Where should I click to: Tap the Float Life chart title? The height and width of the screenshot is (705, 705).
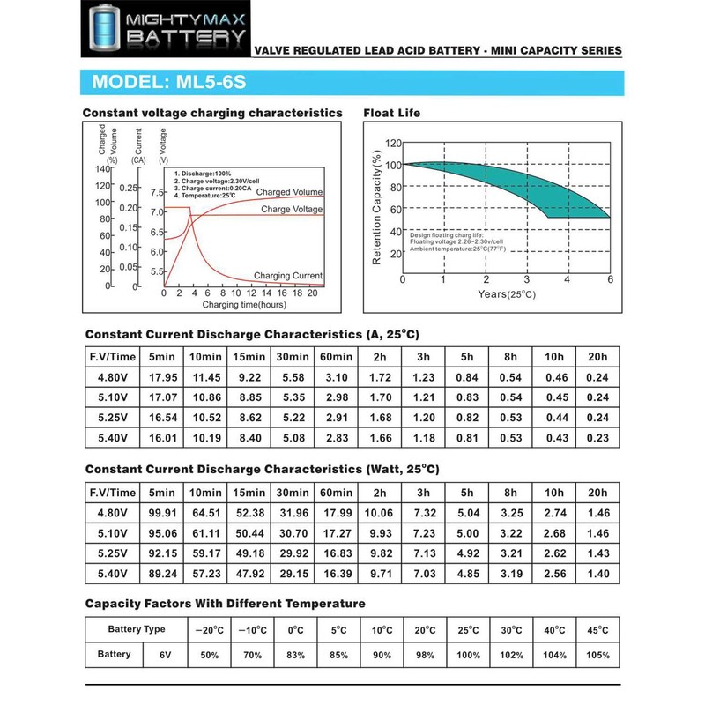coord(391,113)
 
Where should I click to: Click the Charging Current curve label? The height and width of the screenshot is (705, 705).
coord(288,276)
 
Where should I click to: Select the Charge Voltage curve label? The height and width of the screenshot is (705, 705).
coord(292,209)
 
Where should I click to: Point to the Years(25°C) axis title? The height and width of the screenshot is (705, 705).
coord(507,293)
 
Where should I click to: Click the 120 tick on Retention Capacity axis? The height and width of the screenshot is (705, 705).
coord(393,143)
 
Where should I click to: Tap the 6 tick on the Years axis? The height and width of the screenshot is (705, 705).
coord(608,279)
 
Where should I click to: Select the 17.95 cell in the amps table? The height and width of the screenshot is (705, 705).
coord(164,377)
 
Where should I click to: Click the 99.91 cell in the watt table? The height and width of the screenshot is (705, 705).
coord(164,513)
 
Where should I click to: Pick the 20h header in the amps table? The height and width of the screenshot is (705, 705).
coord(597,356)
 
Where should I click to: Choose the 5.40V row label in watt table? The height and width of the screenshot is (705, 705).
coord(111,574)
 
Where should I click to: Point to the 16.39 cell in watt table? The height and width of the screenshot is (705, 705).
coord(336,574)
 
